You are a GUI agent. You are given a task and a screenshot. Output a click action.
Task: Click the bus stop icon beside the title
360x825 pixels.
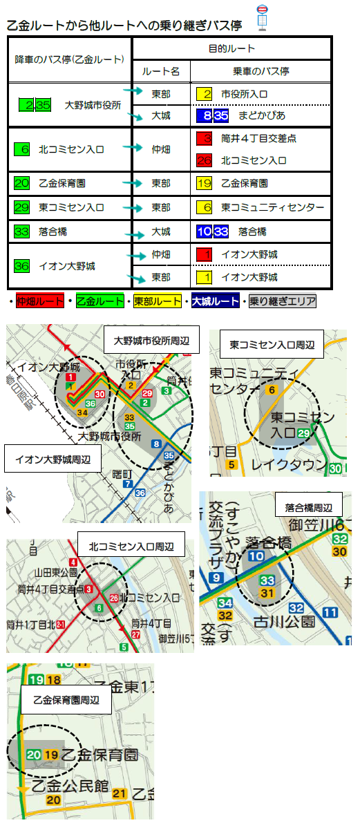263,17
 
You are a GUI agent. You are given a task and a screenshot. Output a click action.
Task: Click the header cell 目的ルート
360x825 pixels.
231,49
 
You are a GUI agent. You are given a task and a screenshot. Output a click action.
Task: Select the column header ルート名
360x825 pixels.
161,71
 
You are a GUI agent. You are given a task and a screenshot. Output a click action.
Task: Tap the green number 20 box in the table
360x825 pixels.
21,183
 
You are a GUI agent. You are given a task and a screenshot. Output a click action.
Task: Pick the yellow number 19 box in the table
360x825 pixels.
204,183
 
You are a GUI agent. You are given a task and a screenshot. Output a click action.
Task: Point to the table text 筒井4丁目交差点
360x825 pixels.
259,138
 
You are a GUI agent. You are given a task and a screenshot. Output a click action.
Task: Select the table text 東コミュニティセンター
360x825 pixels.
272,207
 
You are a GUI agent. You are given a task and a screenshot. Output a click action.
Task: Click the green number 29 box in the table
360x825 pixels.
21,207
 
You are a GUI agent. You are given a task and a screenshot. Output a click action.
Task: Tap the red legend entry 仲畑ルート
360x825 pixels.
39,301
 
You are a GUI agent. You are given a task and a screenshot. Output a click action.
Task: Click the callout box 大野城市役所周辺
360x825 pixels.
151,340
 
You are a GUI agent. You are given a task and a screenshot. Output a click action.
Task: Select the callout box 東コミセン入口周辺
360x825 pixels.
271,343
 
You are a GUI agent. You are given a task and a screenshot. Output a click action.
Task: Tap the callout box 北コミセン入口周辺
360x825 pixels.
131,546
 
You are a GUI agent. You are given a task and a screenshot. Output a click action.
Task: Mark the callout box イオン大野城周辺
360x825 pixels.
52,458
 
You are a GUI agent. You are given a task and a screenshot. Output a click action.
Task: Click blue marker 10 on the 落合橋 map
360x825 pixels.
256,556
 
